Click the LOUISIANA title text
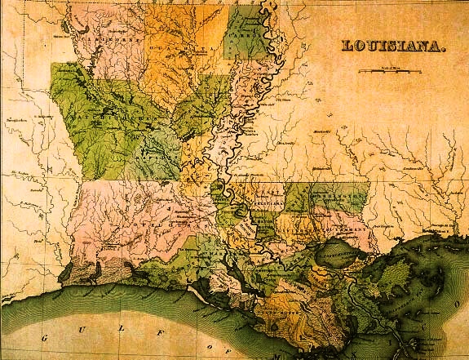click(x=394, y=48)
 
